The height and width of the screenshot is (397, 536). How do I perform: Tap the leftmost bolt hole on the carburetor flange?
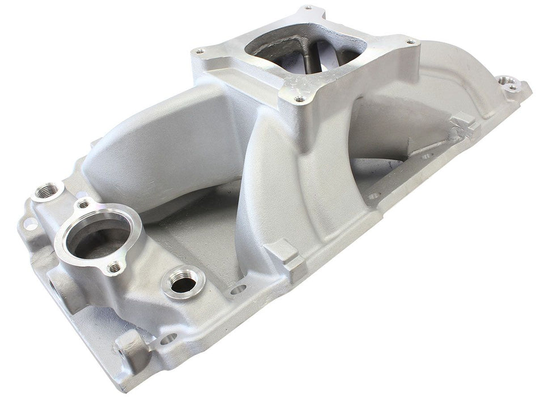point(199,51)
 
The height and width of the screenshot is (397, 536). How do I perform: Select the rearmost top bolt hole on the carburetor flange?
point(307,9)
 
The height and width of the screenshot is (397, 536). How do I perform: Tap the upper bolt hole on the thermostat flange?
point(84,202)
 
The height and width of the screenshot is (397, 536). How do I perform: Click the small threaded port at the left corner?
point(45,191)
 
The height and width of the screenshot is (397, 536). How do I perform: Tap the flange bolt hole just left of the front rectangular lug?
point(238,290)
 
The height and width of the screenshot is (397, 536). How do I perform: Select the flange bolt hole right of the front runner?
point(374,196)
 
